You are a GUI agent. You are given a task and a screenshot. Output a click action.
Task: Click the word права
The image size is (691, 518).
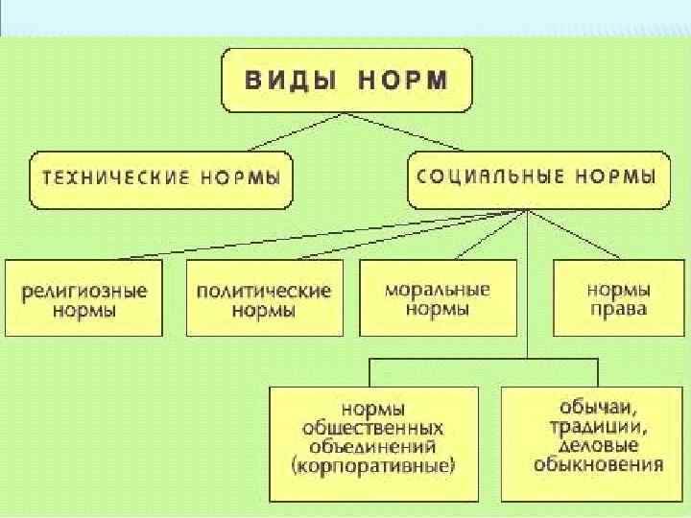click(619, 309)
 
